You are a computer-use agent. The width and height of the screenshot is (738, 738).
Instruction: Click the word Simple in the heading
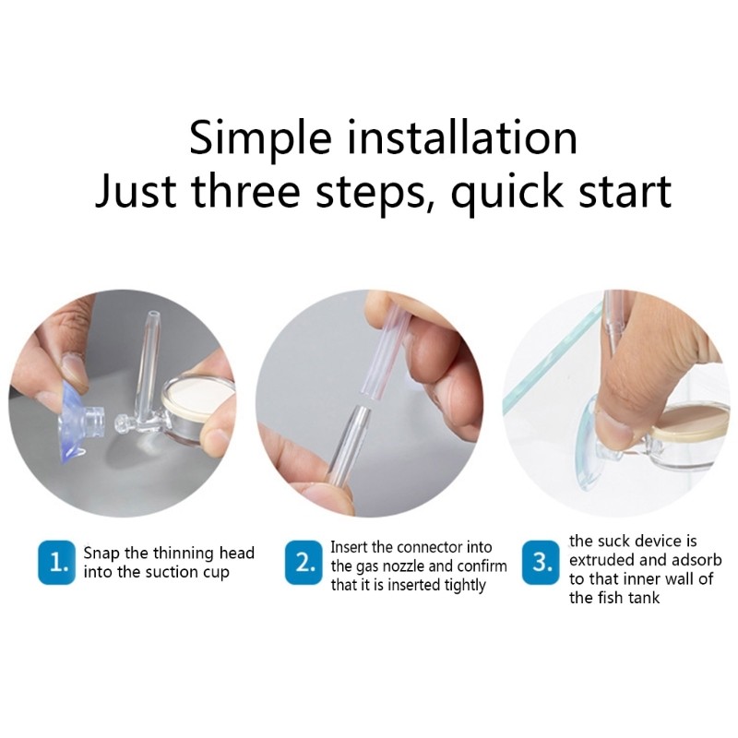pyautogui.click(x=260, y=138)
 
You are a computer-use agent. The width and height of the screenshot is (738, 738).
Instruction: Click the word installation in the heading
pyautogui.click(x=464, y=138)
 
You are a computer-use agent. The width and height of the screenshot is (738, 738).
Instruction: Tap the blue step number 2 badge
pyautogui.click(x=304, y=563)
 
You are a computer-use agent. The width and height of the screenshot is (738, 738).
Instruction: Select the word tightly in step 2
pyautogui.click(x=460, y=585)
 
